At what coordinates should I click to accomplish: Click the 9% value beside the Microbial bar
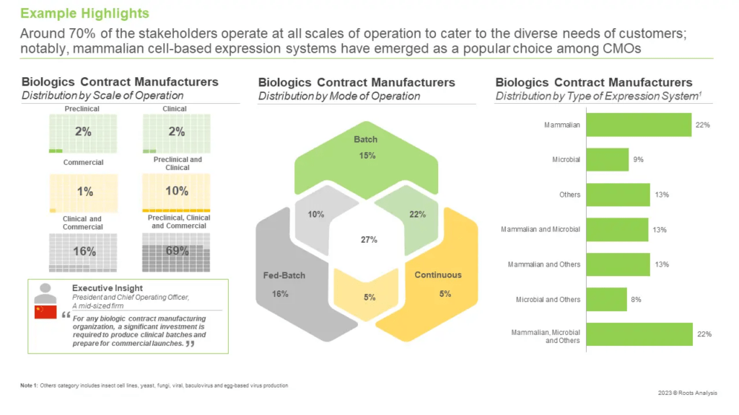[x=638, y=160]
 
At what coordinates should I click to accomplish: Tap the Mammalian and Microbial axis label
[x=541, y=230]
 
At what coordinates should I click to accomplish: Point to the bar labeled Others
[x=618, y=195]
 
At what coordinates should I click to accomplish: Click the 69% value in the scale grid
[x=177, y=251]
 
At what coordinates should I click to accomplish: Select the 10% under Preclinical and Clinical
[x=177, y=191]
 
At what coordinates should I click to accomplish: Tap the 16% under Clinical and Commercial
[x=83, y=251]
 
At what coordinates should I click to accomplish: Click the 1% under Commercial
[x=83, y=191]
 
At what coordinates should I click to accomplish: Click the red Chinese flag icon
[x=45, y=311]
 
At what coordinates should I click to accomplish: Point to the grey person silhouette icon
[x=45, y=292]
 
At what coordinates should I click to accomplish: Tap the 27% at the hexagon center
[x=369, y=240]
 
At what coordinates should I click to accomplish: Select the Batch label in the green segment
[x=365, y=139]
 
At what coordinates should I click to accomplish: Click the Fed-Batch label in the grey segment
[x=281, y=275]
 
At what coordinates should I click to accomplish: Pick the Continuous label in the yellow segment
[x=437, y=275]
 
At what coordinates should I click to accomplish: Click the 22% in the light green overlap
[x=417, y=214]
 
